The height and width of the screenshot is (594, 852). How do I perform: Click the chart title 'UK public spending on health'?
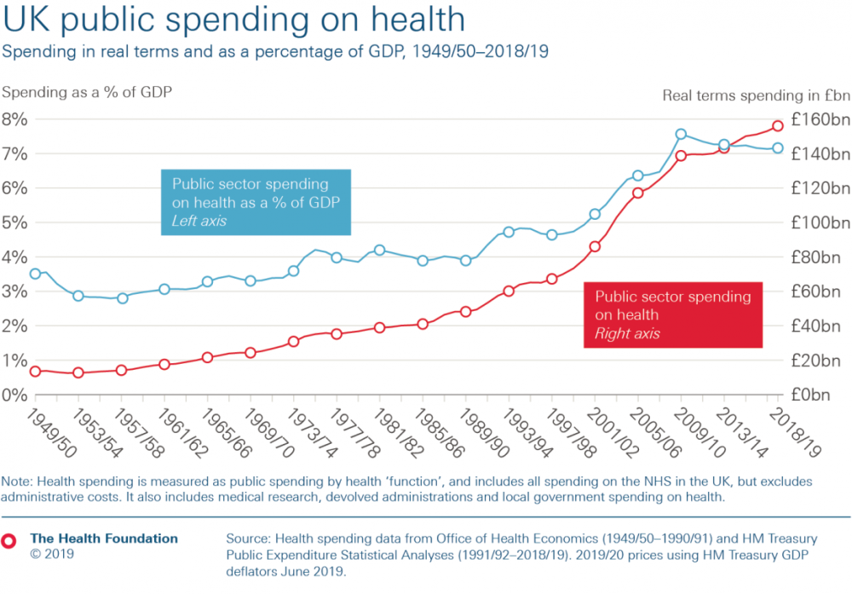(x=234, y=20)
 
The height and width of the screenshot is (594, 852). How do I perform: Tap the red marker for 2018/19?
(x=778, y=125)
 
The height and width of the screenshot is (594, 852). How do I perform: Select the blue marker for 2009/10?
(x=681, y=135)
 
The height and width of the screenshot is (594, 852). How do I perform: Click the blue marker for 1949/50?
(x=35, y=274)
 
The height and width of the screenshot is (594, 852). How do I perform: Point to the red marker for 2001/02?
(x=595, y=246)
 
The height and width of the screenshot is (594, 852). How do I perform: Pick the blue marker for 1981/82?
(x=380, y=250)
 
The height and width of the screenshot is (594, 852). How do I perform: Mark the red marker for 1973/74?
(x=293, y=341)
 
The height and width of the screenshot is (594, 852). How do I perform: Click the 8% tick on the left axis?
(x=14, y=119)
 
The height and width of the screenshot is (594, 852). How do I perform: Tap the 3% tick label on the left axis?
(x=14, y=291)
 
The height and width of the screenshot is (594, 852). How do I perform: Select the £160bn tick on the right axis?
(x=820, y=119)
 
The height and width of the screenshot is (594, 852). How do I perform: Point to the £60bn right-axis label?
(x=816, y=291)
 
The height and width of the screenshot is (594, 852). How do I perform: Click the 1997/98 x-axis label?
(x=571, y=433)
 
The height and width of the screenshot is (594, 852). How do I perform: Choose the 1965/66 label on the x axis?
(x=227, y=433)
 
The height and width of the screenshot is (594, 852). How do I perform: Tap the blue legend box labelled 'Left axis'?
(x=256, y=202)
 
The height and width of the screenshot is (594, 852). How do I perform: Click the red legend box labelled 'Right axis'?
(x=673, y=314)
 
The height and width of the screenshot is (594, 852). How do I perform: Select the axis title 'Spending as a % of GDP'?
(x=87, y=92)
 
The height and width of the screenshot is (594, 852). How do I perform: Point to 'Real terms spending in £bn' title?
(x=756, y=95)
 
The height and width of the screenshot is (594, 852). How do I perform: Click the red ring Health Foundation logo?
(x=9, y=541)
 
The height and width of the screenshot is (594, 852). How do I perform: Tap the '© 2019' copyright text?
(x=52, y=554)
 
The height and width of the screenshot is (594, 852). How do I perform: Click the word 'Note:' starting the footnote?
(x=17, y=482)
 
